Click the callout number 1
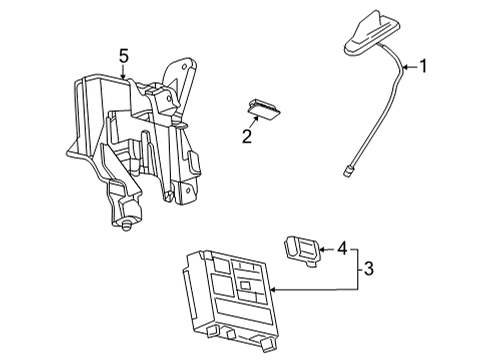(424, 68)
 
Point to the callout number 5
(122, 57)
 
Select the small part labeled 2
(262, 107)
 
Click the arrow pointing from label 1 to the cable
(410, 68)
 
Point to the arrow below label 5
(122, 72)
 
